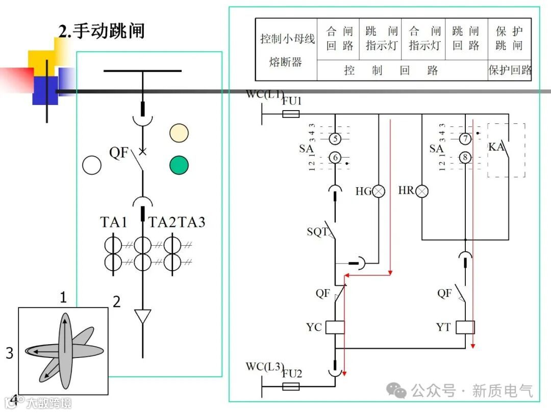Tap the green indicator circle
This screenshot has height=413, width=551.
[179, 165]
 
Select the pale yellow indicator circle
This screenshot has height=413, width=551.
[179, 133]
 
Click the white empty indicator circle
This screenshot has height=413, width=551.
[92, 165]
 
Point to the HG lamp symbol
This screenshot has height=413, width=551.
[379, 191]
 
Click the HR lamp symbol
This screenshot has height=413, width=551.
[422, 191]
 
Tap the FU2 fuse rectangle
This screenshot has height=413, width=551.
[291, 386]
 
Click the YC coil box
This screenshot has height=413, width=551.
[335, 327]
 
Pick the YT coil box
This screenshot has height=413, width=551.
[465, 327]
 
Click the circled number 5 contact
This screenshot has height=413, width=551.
[335, 138]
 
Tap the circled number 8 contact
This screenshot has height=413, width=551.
[465, 158]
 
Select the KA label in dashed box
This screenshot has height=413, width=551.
[496, 147]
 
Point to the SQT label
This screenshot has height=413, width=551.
[317, 232]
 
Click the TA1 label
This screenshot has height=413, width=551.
[113, 222]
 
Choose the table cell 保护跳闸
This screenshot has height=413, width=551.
[509, 39]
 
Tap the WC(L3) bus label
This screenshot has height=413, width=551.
[264, 367]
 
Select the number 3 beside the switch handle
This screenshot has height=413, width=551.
[9, 352]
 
